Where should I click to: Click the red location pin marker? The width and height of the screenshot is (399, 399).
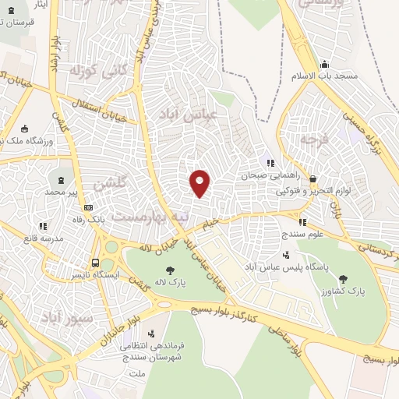click(200, 182)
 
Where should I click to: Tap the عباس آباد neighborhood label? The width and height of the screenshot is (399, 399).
click(186, 114)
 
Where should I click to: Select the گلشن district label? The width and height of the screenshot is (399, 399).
click(109, 185)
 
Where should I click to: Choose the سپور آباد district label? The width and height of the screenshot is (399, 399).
click(68, 317)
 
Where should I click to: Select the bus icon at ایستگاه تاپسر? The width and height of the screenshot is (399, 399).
click(95, 263)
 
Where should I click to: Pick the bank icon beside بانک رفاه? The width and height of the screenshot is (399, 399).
click(88, 208)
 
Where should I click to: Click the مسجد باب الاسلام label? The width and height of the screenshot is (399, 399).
click(348, 78)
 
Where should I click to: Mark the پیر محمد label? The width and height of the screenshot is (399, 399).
click(62, 191)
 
